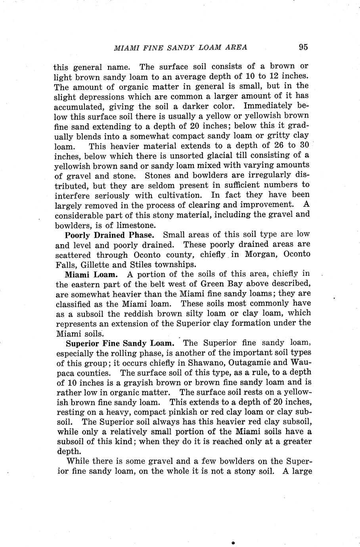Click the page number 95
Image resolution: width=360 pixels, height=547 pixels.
[x=303, y=47]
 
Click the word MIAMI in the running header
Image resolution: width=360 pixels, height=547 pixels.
[x=126, y=48]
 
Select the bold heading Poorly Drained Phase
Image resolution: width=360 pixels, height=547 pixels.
[x=109, y=235]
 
